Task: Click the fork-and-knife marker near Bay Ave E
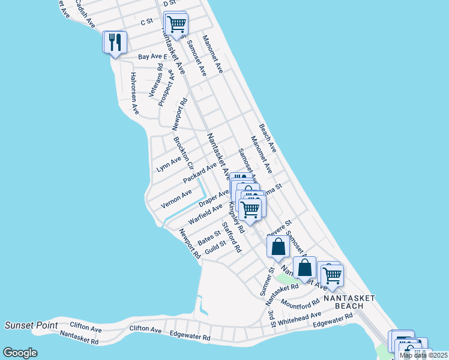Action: [114, 42]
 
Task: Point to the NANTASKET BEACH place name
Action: [349, 302]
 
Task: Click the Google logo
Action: [20, 353]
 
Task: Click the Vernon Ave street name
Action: [176, 199]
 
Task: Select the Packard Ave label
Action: [199, 173]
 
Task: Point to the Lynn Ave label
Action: [169, 163]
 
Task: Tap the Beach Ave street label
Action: [268, 138]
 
